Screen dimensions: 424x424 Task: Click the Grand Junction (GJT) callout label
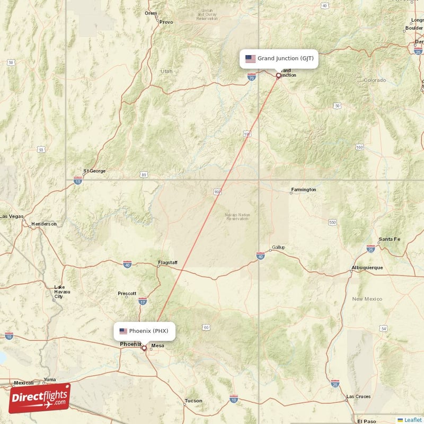click(279, 58)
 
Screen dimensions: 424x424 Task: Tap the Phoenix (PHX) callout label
click(144, 331)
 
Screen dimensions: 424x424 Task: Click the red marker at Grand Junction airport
click(278, 75)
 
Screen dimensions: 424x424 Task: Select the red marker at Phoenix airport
click(144, 348)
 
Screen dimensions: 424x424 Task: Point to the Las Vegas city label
click(12, 216)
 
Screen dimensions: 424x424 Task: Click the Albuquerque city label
click(367, 268)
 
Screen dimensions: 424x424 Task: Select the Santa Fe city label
click(389, 239)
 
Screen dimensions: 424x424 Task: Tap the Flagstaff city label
click(167, 263)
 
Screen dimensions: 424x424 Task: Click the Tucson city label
click(193, 401)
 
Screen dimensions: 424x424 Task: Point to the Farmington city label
click(303, 189)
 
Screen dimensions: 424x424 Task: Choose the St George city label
click(94, 171)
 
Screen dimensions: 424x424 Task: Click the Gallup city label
click(278, 247)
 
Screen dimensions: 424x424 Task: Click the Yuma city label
click(49, 379)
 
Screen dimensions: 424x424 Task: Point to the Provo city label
click(166, 22)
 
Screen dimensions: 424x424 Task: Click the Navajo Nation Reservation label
click(237, 216)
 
